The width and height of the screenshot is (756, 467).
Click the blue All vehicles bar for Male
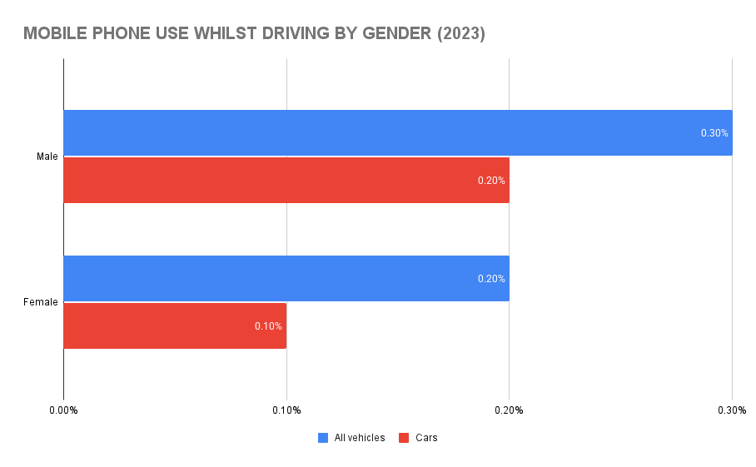[x=398, y=133]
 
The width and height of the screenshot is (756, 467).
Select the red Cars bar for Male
[x=286, y=180]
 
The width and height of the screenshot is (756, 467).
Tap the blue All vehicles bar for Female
[x=286, y=278]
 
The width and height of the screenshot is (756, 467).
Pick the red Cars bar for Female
[x=175, y=325]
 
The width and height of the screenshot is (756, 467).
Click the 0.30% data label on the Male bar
[x=714, y=133]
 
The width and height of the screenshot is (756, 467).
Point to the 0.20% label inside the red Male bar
[x=491, y=181]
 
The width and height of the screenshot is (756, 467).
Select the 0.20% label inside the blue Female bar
[x=491, y=279]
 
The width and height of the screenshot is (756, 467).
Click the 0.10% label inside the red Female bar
[x=268, y=326]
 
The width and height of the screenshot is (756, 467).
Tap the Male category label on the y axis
[x=47, y=156]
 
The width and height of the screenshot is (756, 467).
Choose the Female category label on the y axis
[x=41, y=302]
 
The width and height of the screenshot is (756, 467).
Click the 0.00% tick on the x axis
[x=63, y=410]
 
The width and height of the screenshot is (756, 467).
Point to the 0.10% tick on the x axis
[x=286, y=410]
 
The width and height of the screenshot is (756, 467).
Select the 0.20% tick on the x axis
[x=509, y=410]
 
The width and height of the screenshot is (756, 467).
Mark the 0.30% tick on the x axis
[x=732, y=410]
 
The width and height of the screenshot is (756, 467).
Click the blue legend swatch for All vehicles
[x=323, y=438]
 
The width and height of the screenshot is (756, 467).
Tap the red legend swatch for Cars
[x=404, y=438]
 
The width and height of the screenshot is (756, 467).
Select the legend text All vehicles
[x=360, y=438]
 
